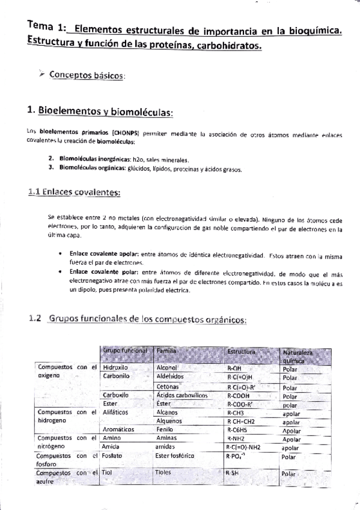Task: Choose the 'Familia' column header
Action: coord(166,350)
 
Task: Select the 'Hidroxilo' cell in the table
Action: coord(116,366)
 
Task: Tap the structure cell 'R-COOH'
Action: coord(241,397)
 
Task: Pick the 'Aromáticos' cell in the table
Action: coord(120,431)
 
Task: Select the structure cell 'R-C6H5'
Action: coord(239,431)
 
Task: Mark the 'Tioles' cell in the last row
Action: coord(163,473)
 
